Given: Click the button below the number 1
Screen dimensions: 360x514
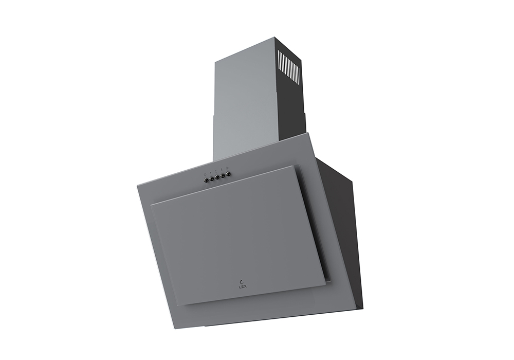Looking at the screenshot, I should (x=211, y=178).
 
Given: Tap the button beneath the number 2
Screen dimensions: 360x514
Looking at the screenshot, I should (x=217, y=177).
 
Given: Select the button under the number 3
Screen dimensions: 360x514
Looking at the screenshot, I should (x=223, y=175).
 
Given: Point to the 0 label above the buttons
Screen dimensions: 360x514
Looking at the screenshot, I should (x=205, y=174).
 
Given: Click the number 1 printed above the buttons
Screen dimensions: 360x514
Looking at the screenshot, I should (x=211, y=173).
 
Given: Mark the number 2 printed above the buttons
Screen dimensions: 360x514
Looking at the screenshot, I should (x=216, y=171).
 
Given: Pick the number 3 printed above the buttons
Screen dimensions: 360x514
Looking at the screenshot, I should (x=222, y=170).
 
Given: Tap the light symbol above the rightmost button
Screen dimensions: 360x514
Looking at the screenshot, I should (x=227, y=168).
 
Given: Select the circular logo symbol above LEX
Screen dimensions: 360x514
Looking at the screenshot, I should (x=242, y=281).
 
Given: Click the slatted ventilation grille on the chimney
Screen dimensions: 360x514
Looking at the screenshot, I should (x=287, y=66).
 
